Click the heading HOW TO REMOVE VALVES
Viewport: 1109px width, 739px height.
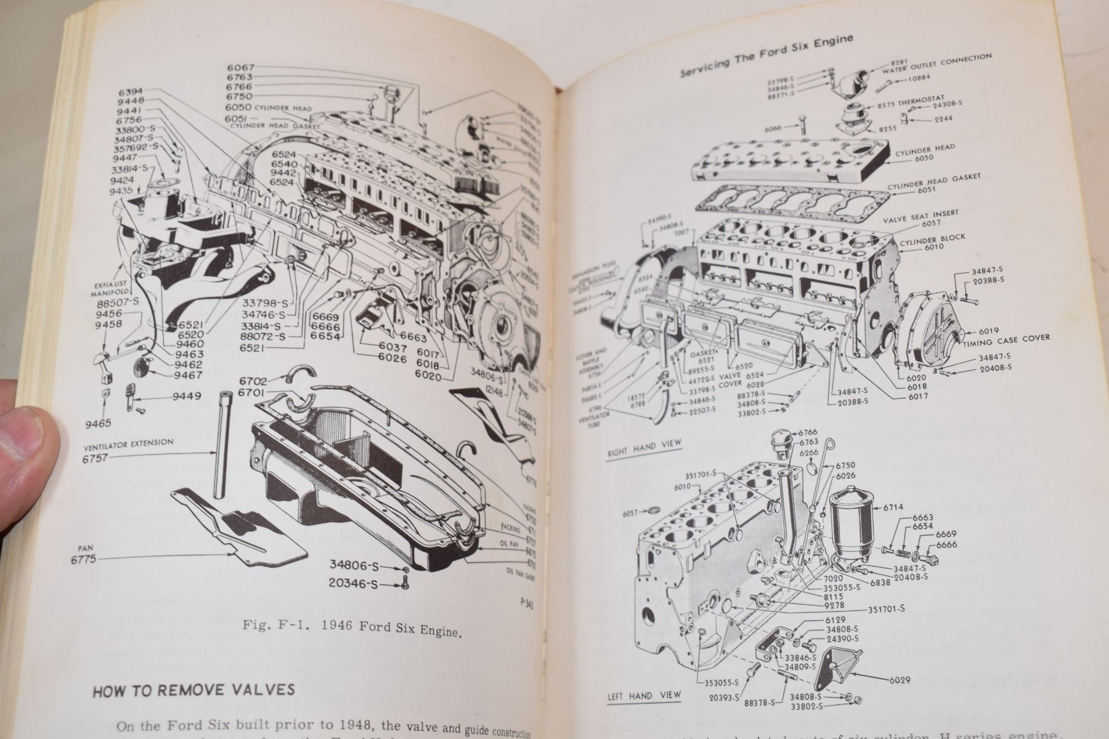tap(193, 690)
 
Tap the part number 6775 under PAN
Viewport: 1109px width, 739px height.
tap(84, 559)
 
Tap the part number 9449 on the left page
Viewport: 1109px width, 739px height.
tap(186, 396)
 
